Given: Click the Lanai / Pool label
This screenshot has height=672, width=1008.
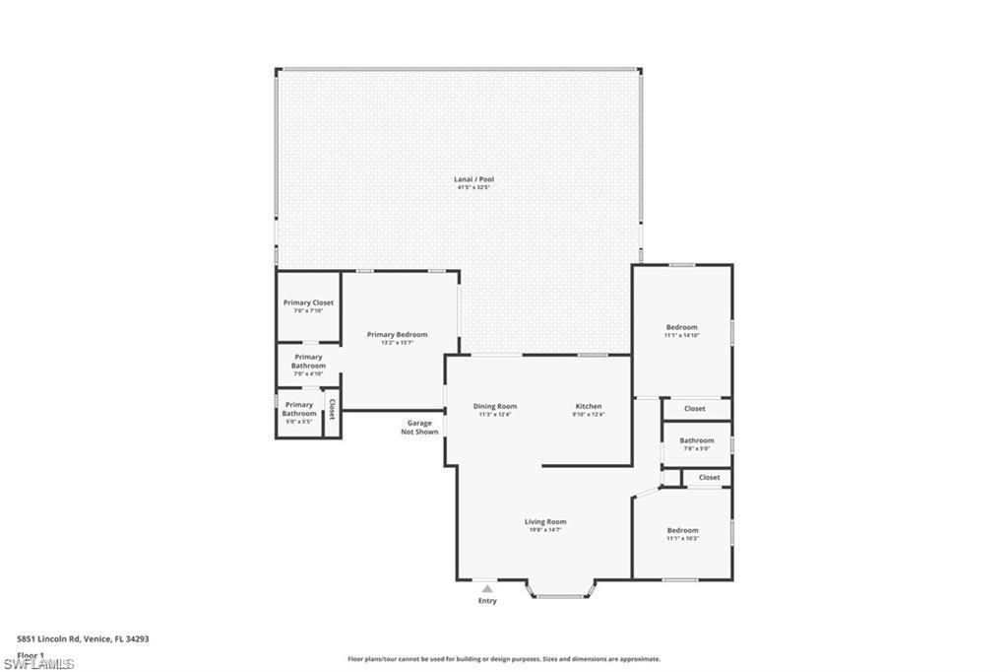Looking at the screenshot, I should (473, 179).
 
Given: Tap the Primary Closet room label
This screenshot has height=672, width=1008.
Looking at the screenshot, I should (308, 302).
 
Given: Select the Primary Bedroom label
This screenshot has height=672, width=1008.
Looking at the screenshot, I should (397, 335).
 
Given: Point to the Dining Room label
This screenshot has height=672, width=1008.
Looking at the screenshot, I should (494, 406).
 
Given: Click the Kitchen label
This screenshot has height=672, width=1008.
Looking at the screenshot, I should (589, 406).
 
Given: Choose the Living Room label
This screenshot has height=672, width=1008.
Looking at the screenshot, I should (544, 522).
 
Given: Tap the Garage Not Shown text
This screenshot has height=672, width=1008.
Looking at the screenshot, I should (419, 428).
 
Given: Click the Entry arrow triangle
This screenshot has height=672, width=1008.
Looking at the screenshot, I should (487, 589).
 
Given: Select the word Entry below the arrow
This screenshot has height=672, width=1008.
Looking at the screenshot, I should (487, 601).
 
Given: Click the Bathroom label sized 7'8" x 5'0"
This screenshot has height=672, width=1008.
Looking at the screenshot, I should (696, 440).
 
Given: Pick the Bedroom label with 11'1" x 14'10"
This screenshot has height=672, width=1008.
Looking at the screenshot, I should (681, 327).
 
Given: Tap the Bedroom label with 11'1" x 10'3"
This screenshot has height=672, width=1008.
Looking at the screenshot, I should (682, 530).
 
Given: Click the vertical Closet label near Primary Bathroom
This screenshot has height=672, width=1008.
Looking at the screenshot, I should (332, 409).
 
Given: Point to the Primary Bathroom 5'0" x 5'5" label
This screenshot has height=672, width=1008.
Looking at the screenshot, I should (298, 409).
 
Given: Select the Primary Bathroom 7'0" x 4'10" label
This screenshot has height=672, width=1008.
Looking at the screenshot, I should (308, 362).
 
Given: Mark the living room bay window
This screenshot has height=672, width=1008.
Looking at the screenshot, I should (561, 593).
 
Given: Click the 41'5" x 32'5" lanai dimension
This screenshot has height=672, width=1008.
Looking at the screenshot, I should (473, 187).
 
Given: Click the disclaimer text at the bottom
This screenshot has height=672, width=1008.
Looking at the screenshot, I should (503, 659).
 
